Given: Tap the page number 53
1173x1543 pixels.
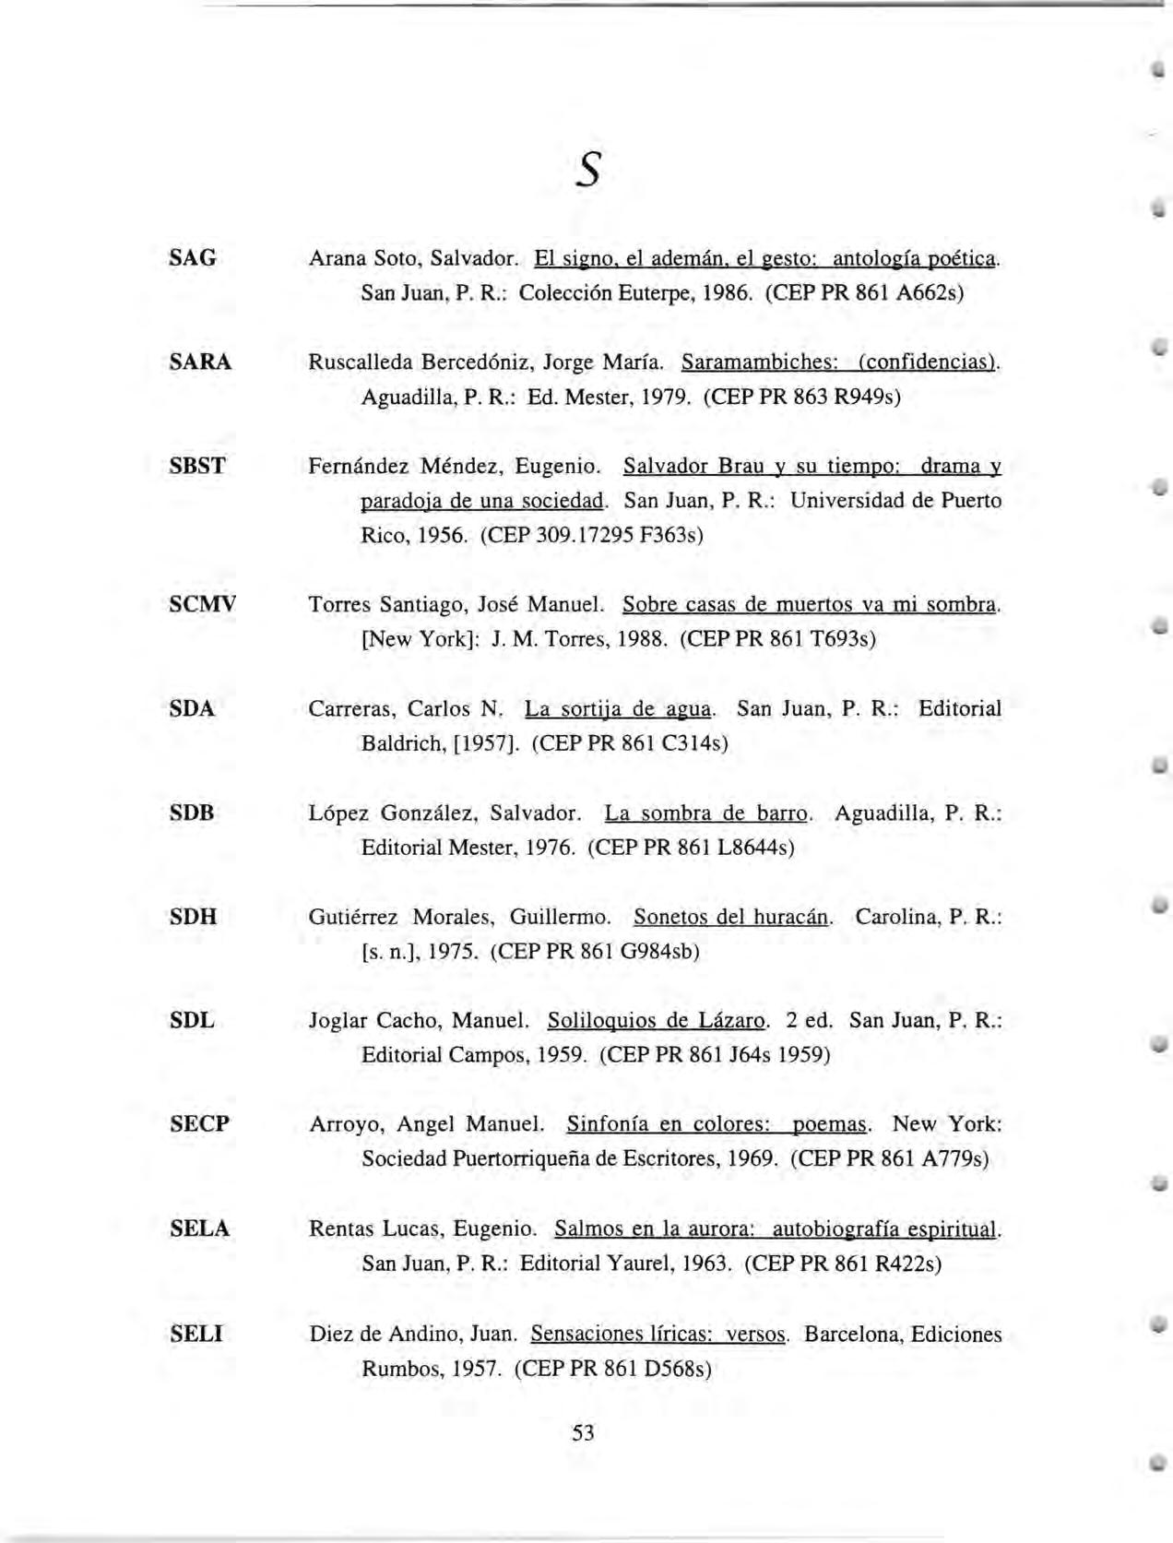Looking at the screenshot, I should [583, 1432].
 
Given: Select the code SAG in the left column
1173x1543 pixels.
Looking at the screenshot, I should [193, 257].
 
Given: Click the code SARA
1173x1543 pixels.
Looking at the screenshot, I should [200, 362].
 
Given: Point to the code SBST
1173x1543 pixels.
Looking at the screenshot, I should [197, 466].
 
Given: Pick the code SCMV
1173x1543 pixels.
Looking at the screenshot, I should [203, 604].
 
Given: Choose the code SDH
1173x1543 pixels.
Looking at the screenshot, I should [194, 917].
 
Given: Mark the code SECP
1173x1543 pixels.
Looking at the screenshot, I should [199, 1124].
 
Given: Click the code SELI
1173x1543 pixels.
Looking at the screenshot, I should [196, 1334].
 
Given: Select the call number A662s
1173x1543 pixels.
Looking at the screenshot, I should [927, 293].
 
